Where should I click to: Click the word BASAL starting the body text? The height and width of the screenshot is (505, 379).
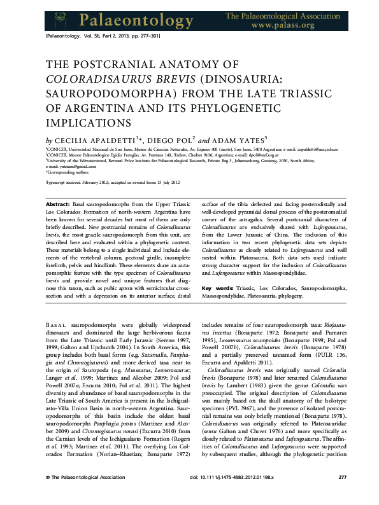(x=55, y=324)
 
